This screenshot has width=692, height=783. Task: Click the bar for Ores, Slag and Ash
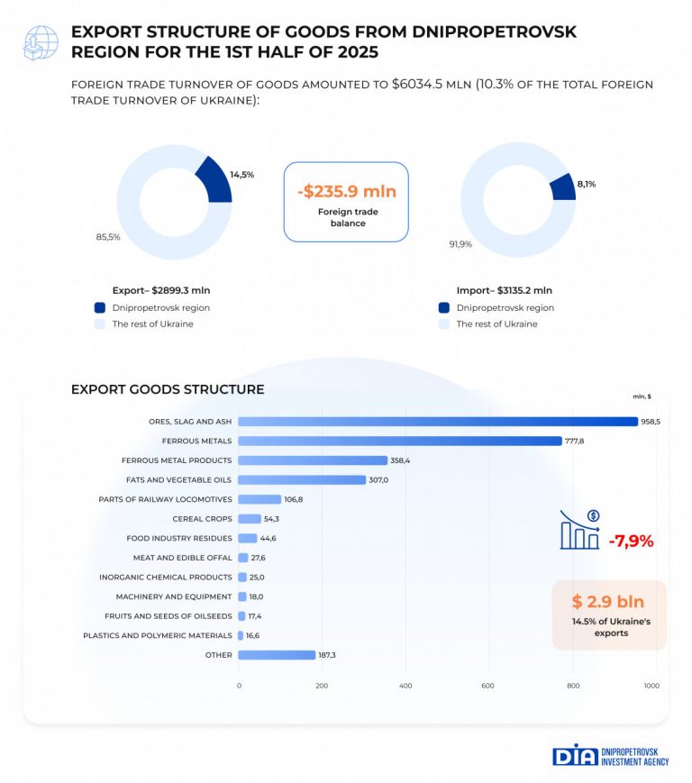click(x=438, y=421)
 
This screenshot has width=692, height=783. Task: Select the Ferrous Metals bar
click(x=400, y=441)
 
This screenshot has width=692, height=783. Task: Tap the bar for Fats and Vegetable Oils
click(x=302, y=479)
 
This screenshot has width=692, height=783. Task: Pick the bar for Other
click(x=277, y=655)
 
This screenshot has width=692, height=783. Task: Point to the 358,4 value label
click(x=402, y=460)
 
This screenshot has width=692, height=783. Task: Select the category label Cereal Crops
click(x=202, y=519)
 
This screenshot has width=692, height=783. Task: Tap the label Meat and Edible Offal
click(x=182, y=558)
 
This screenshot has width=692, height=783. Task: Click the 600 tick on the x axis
click(x=488, y=687)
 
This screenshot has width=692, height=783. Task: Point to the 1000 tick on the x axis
click(x=651, y=687)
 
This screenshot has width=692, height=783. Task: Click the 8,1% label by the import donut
click(x=587, y=184)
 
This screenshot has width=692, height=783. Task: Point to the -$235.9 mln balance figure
click(x=347, y=191)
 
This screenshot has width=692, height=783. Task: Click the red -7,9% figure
click(x=631, y=542)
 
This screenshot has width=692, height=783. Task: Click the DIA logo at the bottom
click(x=575, y=754)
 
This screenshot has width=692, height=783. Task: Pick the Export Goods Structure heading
click(x=168, y=389)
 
